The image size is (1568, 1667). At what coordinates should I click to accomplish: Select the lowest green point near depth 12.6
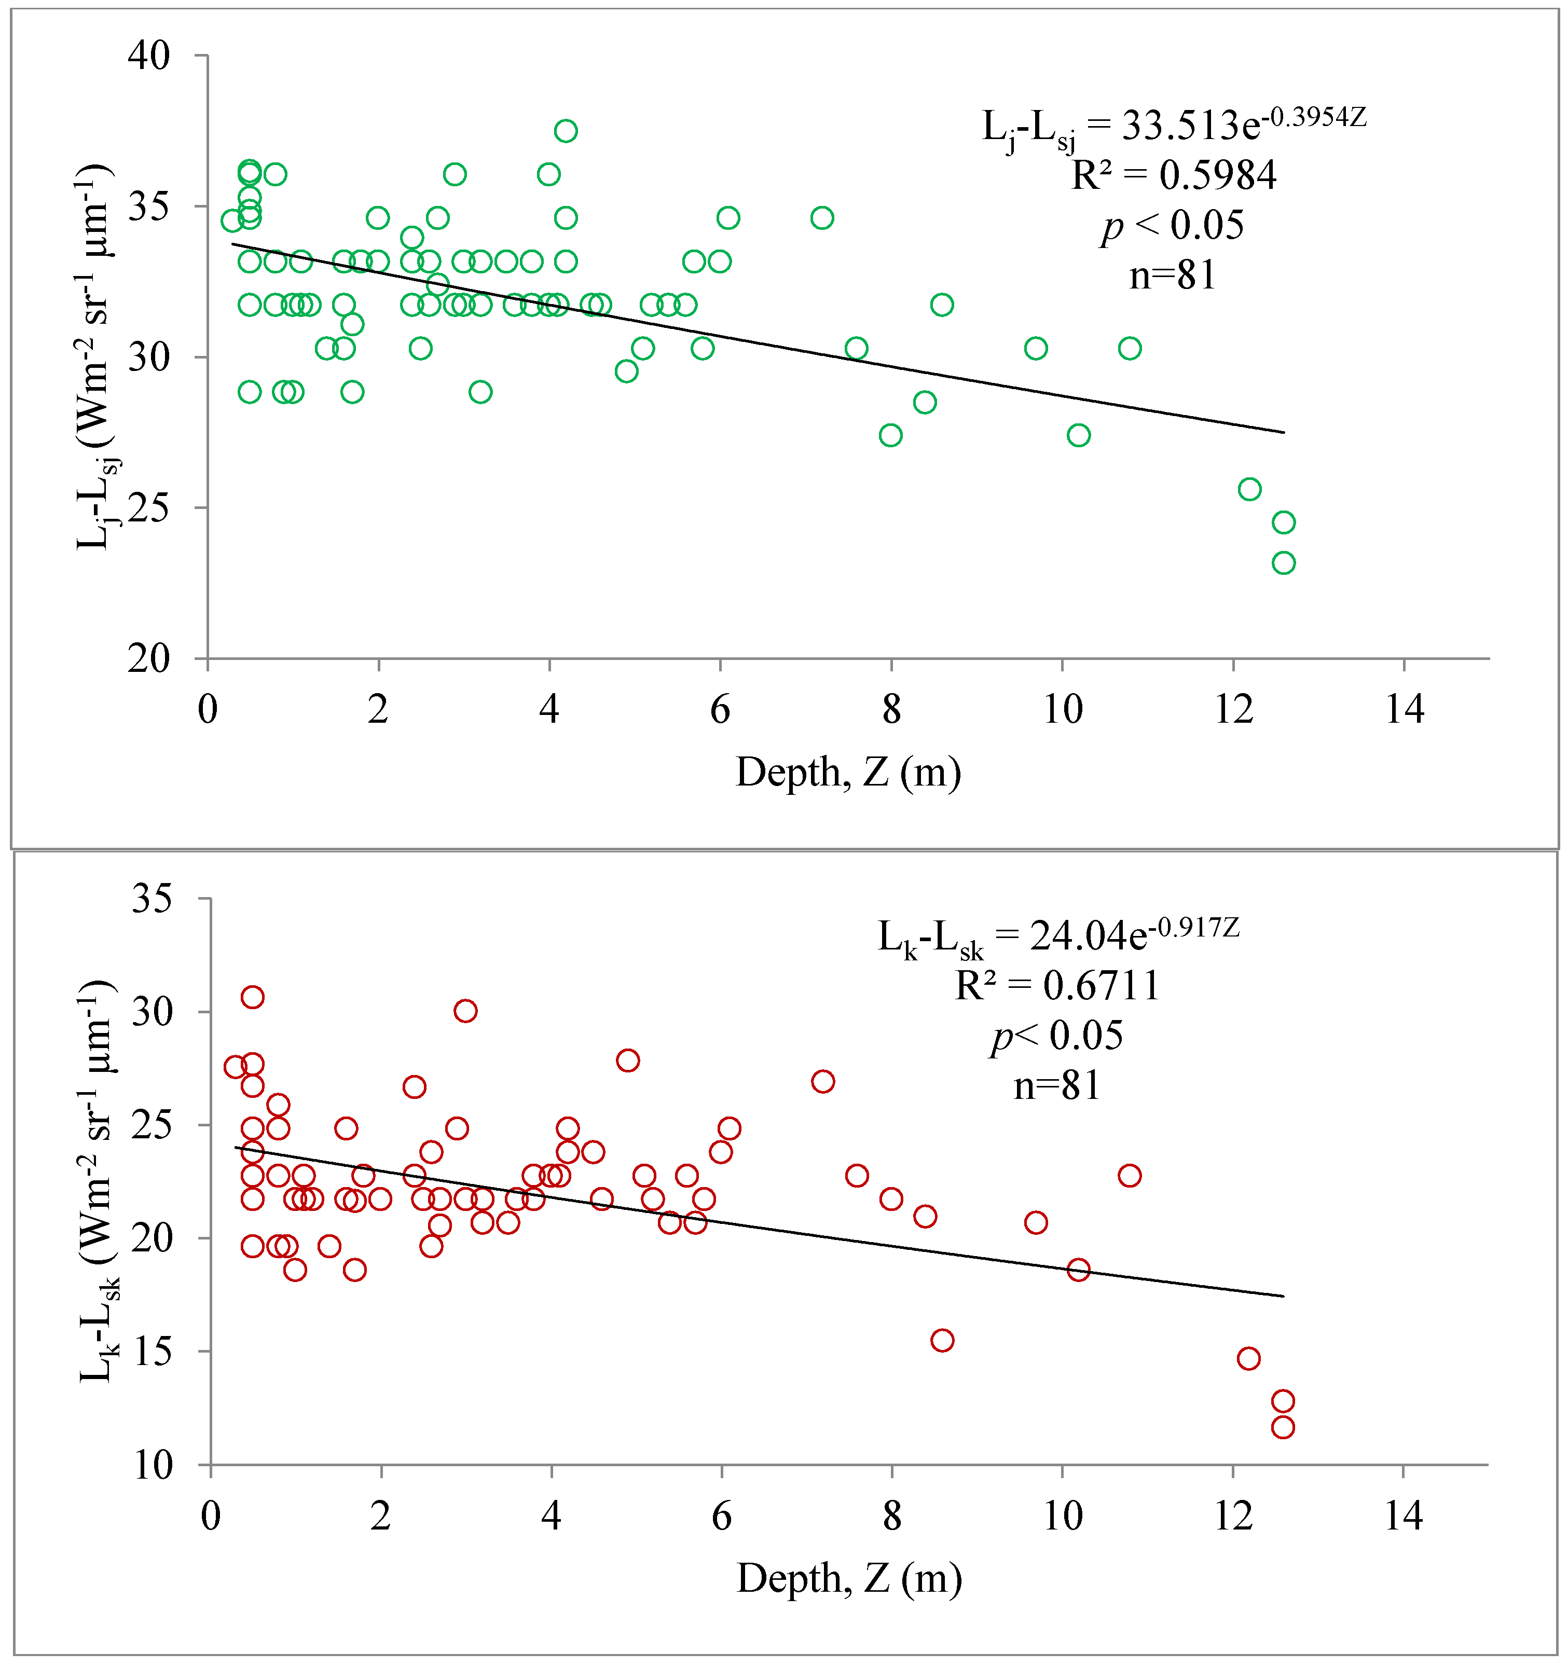coord(1283,562)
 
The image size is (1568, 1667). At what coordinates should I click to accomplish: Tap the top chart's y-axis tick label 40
coord(149,56)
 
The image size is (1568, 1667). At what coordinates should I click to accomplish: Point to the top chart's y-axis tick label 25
coord(149,507)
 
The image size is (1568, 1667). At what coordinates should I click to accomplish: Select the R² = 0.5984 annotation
coord(1174,175)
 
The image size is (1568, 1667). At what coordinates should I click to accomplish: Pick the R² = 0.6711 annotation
coord(1057,985)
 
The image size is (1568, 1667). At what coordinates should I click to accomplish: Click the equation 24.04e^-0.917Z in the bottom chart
coord(1058,936)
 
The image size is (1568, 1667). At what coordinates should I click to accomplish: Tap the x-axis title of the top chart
coord(848,773)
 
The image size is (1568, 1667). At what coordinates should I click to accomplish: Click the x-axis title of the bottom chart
coord(848,1578)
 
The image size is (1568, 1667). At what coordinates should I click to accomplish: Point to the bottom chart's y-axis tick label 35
coord(152,899)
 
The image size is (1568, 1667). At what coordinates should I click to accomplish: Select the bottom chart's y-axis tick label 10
coord(152,1465)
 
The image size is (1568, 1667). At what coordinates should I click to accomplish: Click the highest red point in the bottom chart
coord(252,997)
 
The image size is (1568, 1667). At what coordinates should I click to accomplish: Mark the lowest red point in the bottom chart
coord(1283,1427)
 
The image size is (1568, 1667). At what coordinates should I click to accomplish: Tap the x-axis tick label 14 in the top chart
coord(1405,709)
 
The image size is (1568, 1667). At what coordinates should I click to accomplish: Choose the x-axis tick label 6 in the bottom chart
coord(721,1516)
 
